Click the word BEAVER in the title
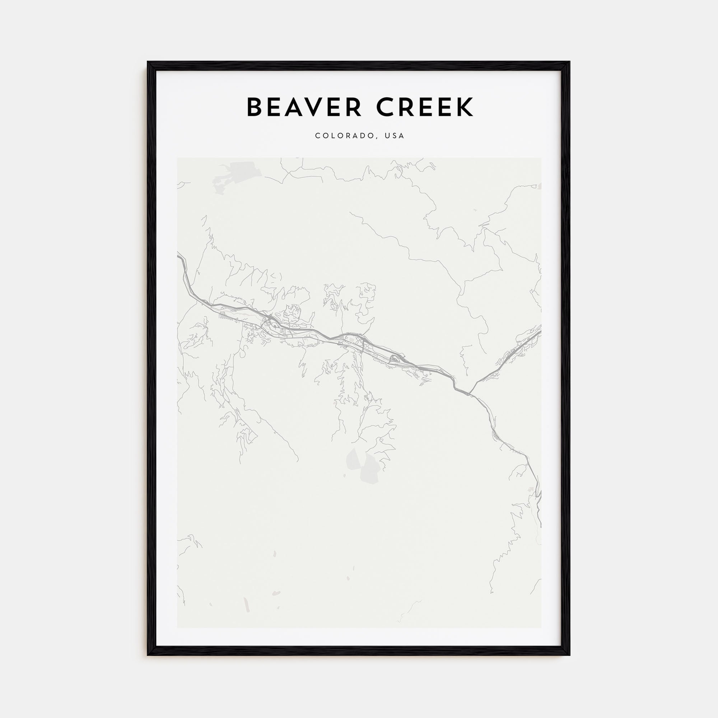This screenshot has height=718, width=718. pos(304,107)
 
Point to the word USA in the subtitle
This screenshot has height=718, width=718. pos(395,136)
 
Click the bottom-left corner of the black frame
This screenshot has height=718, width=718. pos(148,655)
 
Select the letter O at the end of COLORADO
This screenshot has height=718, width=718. pos(371,136)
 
